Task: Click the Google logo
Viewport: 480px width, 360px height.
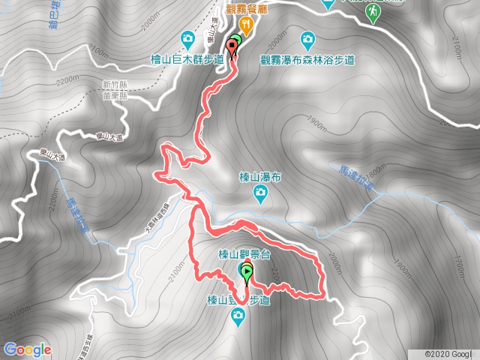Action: (x=27, y=349)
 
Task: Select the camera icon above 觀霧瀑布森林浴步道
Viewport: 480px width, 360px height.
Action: (x=307, y=39)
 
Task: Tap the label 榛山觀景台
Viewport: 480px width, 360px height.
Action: (x=242, y=255)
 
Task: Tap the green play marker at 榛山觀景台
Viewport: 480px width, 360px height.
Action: (x=247, y=274)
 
